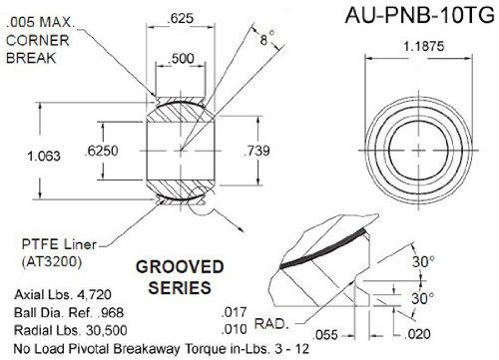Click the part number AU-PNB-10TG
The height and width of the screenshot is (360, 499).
tap(420, 15)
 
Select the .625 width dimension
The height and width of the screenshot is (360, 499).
tap(180, 18)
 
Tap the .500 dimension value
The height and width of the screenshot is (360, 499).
tap(181, 59)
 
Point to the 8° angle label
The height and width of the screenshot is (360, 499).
tap(267, 38)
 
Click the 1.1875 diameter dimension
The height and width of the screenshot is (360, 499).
tap(423, 46)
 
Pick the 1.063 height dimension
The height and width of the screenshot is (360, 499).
tap(44, 156)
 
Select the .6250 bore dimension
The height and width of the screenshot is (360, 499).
tap(101, 151)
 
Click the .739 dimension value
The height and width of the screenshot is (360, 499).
tap(256, 151)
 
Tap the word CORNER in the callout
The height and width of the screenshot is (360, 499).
tap(38, 41)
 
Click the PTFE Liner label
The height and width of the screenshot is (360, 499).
tap(59, 244)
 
